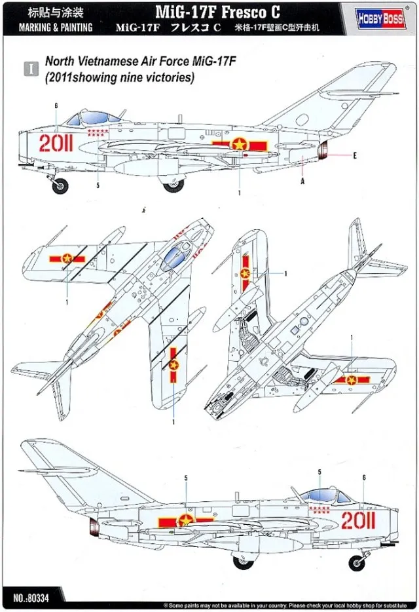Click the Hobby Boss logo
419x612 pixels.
[x=380, y=18]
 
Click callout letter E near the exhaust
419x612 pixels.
[x=354, y=155]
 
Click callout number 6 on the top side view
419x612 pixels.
[x=57, y=105]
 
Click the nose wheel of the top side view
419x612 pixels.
[x=60, y=185]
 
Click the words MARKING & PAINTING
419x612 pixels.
[x=55, y=28]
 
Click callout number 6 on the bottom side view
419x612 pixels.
[x=363, y=478]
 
